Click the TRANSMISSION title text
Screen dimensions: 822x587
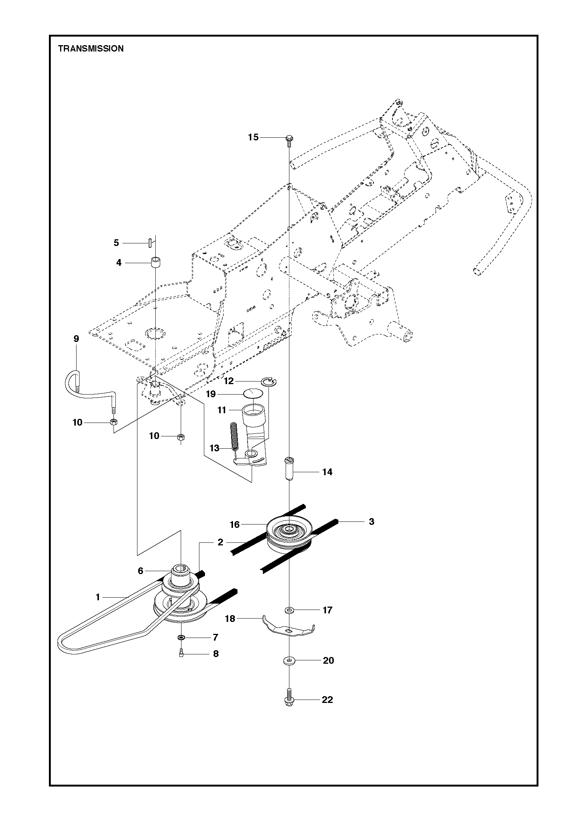click(91, 49)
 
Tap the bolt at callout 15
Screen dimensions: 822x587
click(289, 139)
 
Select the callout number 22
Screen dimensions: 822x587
click(327, 700)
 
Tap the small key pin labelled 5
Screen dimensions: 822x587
click(149, 243)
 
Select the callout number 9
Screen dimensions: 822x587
click(76, 339)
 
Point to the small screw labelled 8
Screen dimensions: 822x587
click(181, 653)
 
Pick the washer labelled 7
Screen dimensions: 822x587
click(181, 637)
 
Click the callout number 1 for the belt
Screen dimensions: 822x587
click(98, 597)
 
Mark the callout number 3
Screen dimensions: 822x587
click(371, 521)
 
